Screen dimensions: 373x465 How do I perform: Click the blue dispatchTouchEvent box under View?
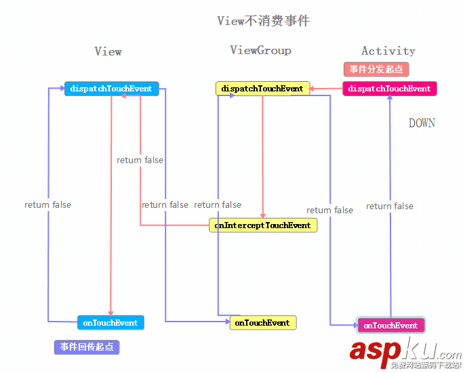pos(111,89)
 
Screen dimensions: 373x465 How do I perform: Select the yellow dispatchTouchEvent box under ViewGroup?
pos(262,89)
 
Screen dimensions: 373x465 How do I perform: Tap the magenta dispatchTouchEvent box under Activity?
pos(389,89)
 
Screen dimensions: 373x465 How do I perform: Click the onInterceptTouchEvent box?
pos(262,225)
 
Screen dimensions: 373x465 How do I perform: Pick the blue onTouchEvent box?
pos(110,323)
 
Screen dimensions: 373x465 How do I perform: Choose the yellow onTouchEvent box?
pos(262,323)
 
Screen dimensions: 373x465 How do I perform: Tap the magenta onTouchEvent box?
pos(390,326)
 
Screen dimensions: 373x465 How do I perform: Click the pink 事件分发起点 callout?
pos(376,69)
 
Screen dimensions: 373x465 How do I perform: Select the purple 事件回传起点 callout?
pos(87,347)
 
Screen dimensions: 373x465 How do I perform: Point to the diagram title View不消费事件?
pos(263,21)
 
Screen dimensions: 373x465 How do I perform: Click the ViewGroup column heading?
pos(260,50)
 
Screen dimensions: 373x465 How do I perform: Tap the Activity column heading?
pos(388,51)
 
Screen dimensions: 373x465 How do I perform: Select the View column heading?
pos(108,51)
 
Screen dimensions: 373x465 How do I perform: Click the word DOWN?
pos(422,123)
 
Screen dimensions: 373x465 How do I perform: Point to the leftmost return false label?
pos(47,204)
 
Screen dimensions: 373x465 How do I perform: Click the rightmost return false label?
pos(390,206)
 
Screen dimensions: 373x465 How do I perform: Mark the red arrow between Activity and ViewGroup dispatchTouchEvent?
pos(327,88)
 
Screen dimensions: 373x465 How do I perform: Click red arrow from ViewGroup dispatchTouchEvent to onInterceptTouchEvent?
pos(262,156)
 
